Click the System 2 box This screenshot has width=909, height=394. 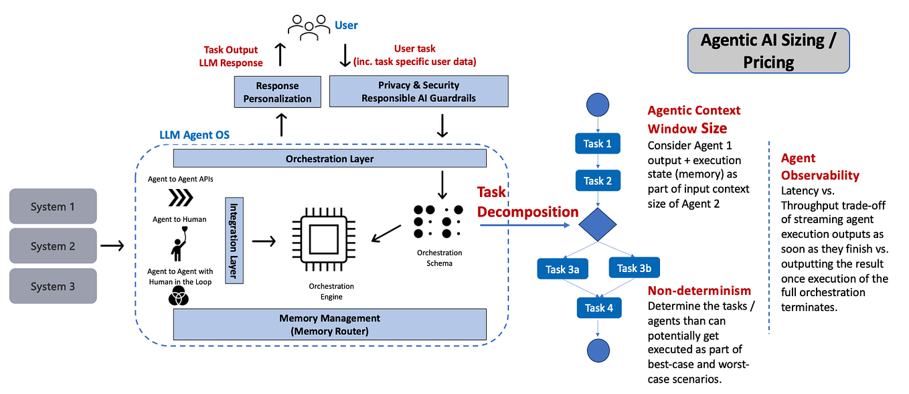pyautogui.click(x=53, y=246)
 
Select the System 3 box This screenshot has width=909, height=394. pyautogui.click(x=53, y=286)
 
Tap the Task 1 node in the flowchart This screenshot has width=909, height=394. pyautogui.click(x=597, y=143)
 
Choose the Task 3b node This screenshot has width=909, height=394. pyautogui.click(x=634, y=268)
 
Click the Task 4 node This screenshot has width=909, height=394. pyautogui.click(x=598, y=308)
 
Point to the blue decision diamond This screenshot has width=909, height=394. pyautogui.click(x=597, y=224)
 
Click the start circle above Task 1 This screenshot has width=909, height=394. pyautogui.click(x=597, y=105)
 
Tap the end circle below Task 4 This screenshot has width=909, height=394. pyautogui.click(x=597, y=350)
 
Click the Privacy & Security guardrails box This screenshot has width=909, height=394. pyautogui.click(x=419, y=91)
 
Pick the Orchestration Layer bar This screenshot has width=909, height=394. pyautogui.click(x=329, y=159)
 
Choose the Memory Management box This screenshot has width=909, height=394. pyautogui.click(x=329, y=324)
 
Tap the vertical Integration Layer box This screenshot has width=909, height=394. pyautogui.click(x=234, y=240)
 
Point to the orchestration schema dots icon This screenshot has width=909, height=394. pyautogui.click(x=435, y=218)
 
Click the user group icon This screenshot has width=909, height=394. pyautogui.click(x=309, y=25)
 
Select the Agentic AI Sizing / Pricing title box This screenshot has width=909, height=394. pyautogui.click(x=768, y=50)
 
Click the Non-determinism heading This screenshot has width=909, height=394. pyautogui.click(x=699, y=291)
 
